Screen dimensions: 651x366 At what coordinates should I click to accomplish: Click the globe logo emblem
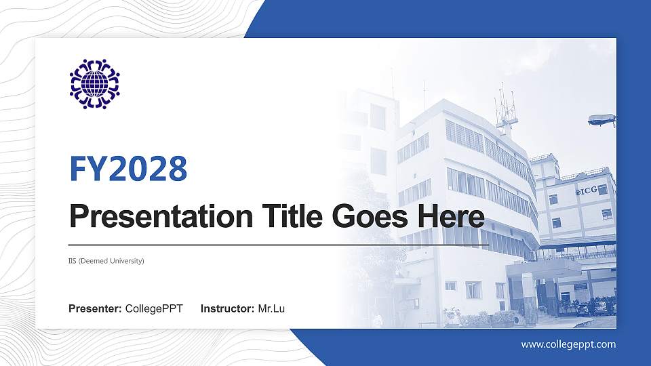(x=95, y=84)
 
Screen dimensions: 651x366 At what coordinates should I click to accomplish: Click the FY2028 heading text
(x=128, y=169)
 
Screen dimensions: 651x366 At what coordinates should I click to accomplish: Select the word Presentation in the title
(x=161, y=217)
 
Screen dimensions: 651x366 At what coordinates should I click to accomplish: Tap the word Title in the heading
(x=292, y=216)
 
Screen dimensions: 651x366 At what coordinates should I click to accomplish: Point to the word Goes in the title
(x=370, y=217)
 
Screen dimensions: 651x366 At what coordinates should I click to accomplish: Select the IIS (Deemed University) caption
(x=106, y=261)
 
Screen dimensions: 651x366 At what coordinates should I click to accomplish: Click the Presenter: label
(x=95, y=309)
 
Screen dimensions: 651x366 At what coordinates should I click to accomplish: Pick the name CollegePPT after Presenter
(x=154, y=309)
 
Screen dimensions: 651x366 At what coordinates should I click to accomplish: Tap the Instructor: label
(x=228, y=309)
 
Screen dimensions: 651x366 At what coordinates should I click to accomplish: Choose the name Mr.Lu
(x=271, y=309)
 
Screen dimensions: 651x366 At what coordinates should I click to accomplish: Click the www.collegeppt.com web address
(x=569, y=344)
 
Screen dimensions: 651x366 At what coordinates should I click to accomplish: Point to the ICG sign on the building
(x=589, y=190)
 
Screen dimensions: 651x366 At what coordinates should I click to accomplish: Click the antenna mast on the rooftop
(x=506, y=110)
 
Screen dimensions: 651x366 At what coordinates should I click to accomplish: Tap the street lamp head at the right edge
(x=601, y=120)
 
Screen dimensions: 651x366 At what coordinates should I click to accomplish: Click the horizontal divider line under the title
(x=279, y=245)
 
